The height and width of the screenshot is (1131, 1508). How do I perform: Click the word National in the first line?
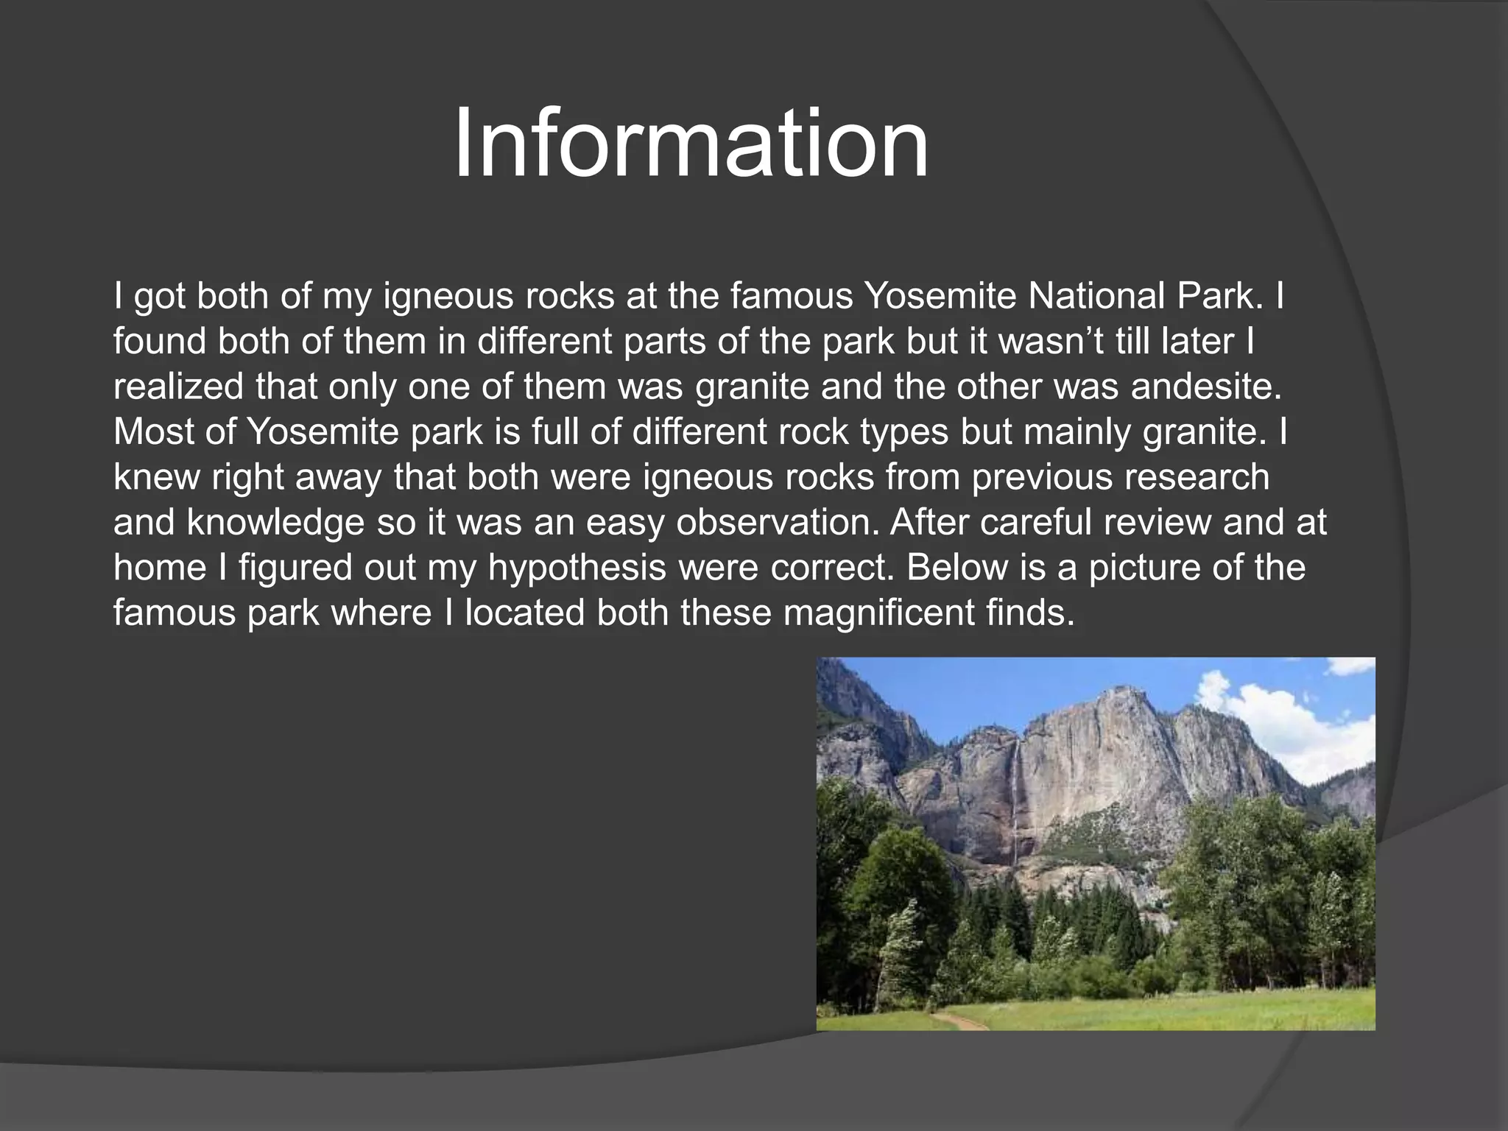coord(1096,296)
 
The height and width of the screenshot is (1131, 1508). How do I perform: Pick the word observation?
coord(777,523)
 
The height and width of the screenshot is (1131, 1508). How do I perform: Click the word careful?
coord(1035,523)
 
